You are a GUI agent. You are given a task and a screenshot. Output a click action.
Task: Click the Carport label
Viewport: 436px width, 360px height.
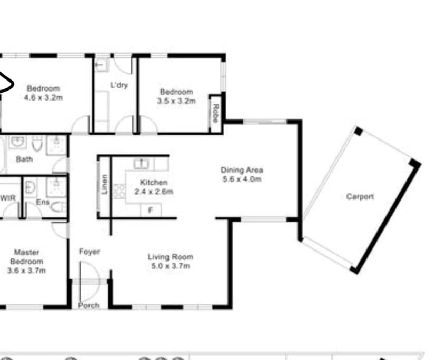click(x=360, y=197)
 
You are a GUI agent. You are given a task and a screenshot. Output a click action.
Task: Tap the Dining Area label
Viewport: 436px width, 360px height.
click(x=241, y=170)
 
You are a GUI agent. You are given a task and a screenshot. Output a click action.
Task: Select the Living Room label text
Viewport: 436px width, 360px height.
click(x=170, y=257)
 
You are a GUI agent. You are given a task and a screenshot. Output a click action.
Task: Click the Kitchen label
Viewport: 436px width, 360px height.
click(x=153, y=183)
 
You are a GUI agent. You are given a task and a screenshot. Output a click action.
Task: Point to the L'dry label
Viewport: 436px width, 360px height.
click(x=119, y=85)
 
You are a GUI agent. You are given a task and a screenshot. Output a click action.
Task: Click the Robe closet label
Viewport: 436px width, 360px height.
click(x=215, y=112)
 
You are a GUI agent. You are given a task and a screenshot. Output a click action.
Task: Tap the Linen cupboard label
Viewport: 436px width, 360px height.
click(x=105, y=184)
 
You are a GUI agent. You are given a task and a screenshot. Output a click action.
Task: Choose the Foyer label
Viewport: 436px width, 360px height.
click(x=90, y=252)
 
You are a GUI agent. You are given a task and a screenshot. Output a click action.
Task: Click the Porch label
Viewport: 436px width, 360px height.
click(x=88, y=305)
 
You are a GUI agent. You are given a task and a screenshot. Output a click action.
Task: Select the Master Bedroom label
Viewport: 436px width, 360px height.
click(x=27, y=257)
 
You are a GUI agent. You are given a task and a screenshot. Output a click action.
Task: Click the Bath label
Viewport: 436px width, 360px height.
click(x=24, y=159)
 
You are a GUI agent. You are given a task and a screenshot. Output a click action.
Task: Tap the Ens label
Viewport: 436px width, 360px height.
click(x=42, y=202)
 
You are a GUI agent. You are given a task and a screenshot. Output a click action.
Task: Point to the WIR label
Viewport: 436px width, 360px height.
click(x=8, y=198)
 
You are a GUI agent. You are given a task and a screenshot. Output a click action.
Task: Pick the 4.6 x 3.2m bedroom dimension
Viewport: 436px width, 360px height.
click(x=44, y=97)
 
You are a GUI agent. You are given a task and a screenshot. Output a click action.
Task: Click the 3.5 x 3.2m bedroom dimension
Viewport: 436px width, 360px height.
click(x=176, y=101)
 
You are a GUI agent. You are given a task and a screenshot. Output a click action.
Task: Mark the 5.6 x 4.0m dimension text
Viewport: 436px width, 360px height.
click(x=242, y=179)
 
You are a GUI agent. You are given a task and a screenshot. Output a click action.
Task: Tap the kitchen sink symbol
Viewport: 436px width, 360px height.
click(x=141, y=164)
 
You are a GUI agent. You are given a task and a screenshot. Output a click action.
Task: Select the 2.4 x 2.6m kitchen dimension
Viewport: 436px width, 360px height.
click(x=153, y=192)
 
